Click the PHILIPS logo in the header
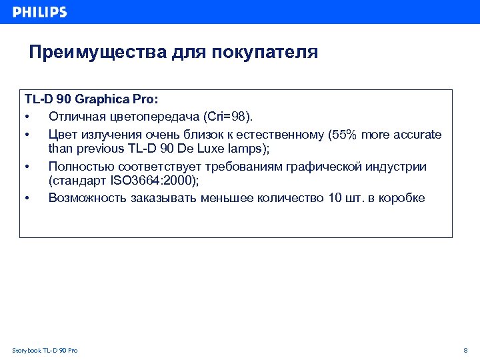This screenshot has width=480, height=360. (39, 12)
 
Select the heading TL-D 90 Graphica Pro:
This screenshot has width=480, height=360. (91, 101)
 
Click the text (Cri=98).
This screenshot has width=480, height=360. (228, 117)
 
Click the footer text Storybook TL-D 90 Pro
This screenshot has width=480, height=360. (45, 351)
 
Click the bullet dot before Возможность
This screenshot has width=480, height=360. (27, 198)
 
